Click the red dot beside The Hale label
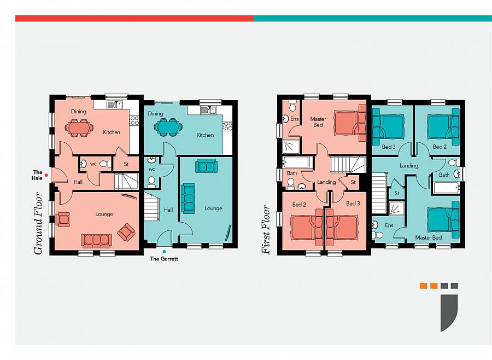click(x=46, y=175)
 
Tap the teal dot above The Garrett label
click(x=164, y=252)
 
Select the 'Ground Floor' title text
click(x=38, y=223)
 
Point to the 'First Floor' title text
click(x=266, y=230)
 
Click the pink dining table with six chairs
click(x=79, y=127)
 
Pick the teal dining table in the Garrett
click(x=168, y=126)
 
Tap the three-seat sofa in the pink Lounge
click(x=96, y=241)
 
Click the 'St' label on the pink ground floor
click(x=126, y=164)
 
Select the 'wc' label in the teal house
click(x=152, y=169)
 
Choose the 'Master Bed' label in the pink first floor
click(x=318, y=122)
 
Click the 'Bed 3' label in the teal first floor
click(x=389, y=147)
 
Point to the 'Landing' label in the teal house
click(x=408, y=166)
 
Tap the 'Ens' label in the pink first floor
click(x=294, y=119)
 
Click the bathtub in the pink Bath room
click(x=297, y=162)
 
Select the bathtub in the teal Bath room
click(x=446, y=188)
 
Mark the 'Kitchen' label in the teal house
click(x=205, y=135)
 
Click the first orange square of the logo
click(x=423, y=286)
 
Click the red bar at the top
click(x=134, y=19)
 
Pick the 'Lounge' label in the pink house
click(x=104, y=214)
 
